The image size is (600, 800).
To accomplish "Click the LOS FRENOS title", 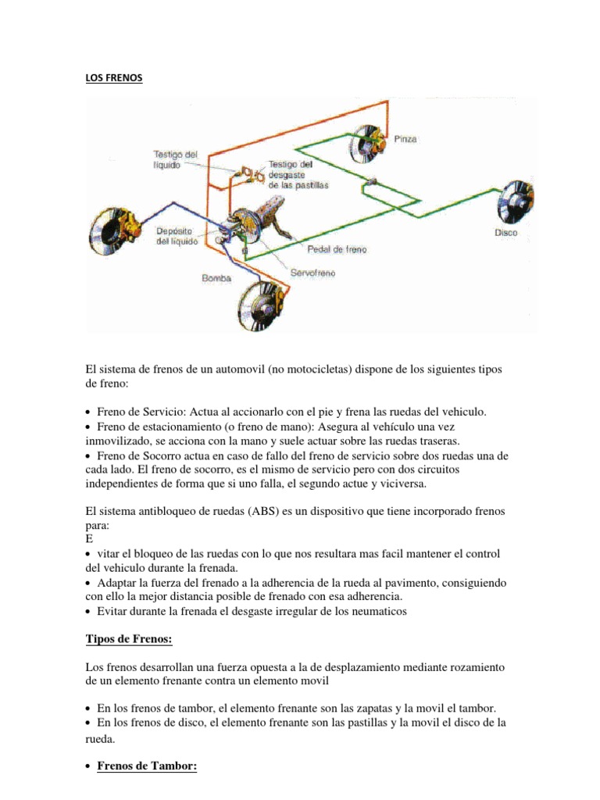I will click(114, 79).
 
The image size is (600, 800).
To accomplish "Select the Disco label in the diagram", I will click(505, 233).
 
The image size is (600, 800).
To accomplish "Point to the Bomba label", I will click(216, 277).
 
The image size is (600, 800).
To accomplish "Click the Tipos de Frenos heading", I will click(128, 640).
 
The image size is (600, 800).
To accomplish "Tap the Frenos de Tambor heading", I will click(147, 766).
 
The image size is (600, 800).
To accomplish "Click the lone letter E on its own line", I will click(88, 539).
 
